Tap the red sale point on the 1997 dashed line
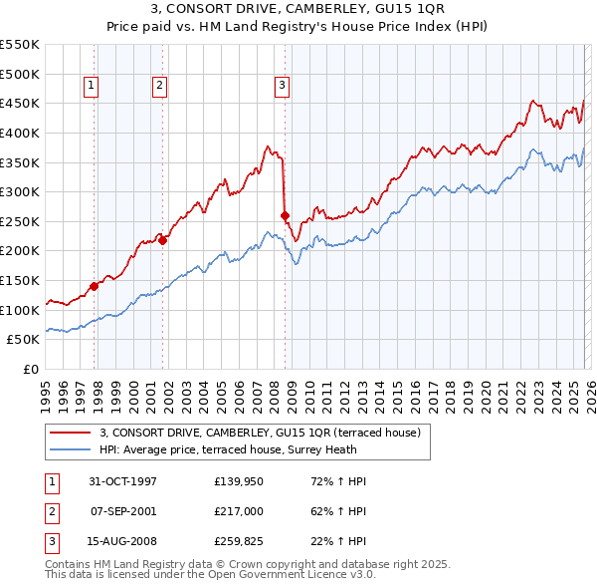pos(95,286)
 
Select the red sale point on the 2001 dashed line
pos(162,240)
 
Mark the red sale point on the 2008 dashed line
pos(286,215)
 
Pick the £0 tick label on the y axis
pos(30,369)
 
